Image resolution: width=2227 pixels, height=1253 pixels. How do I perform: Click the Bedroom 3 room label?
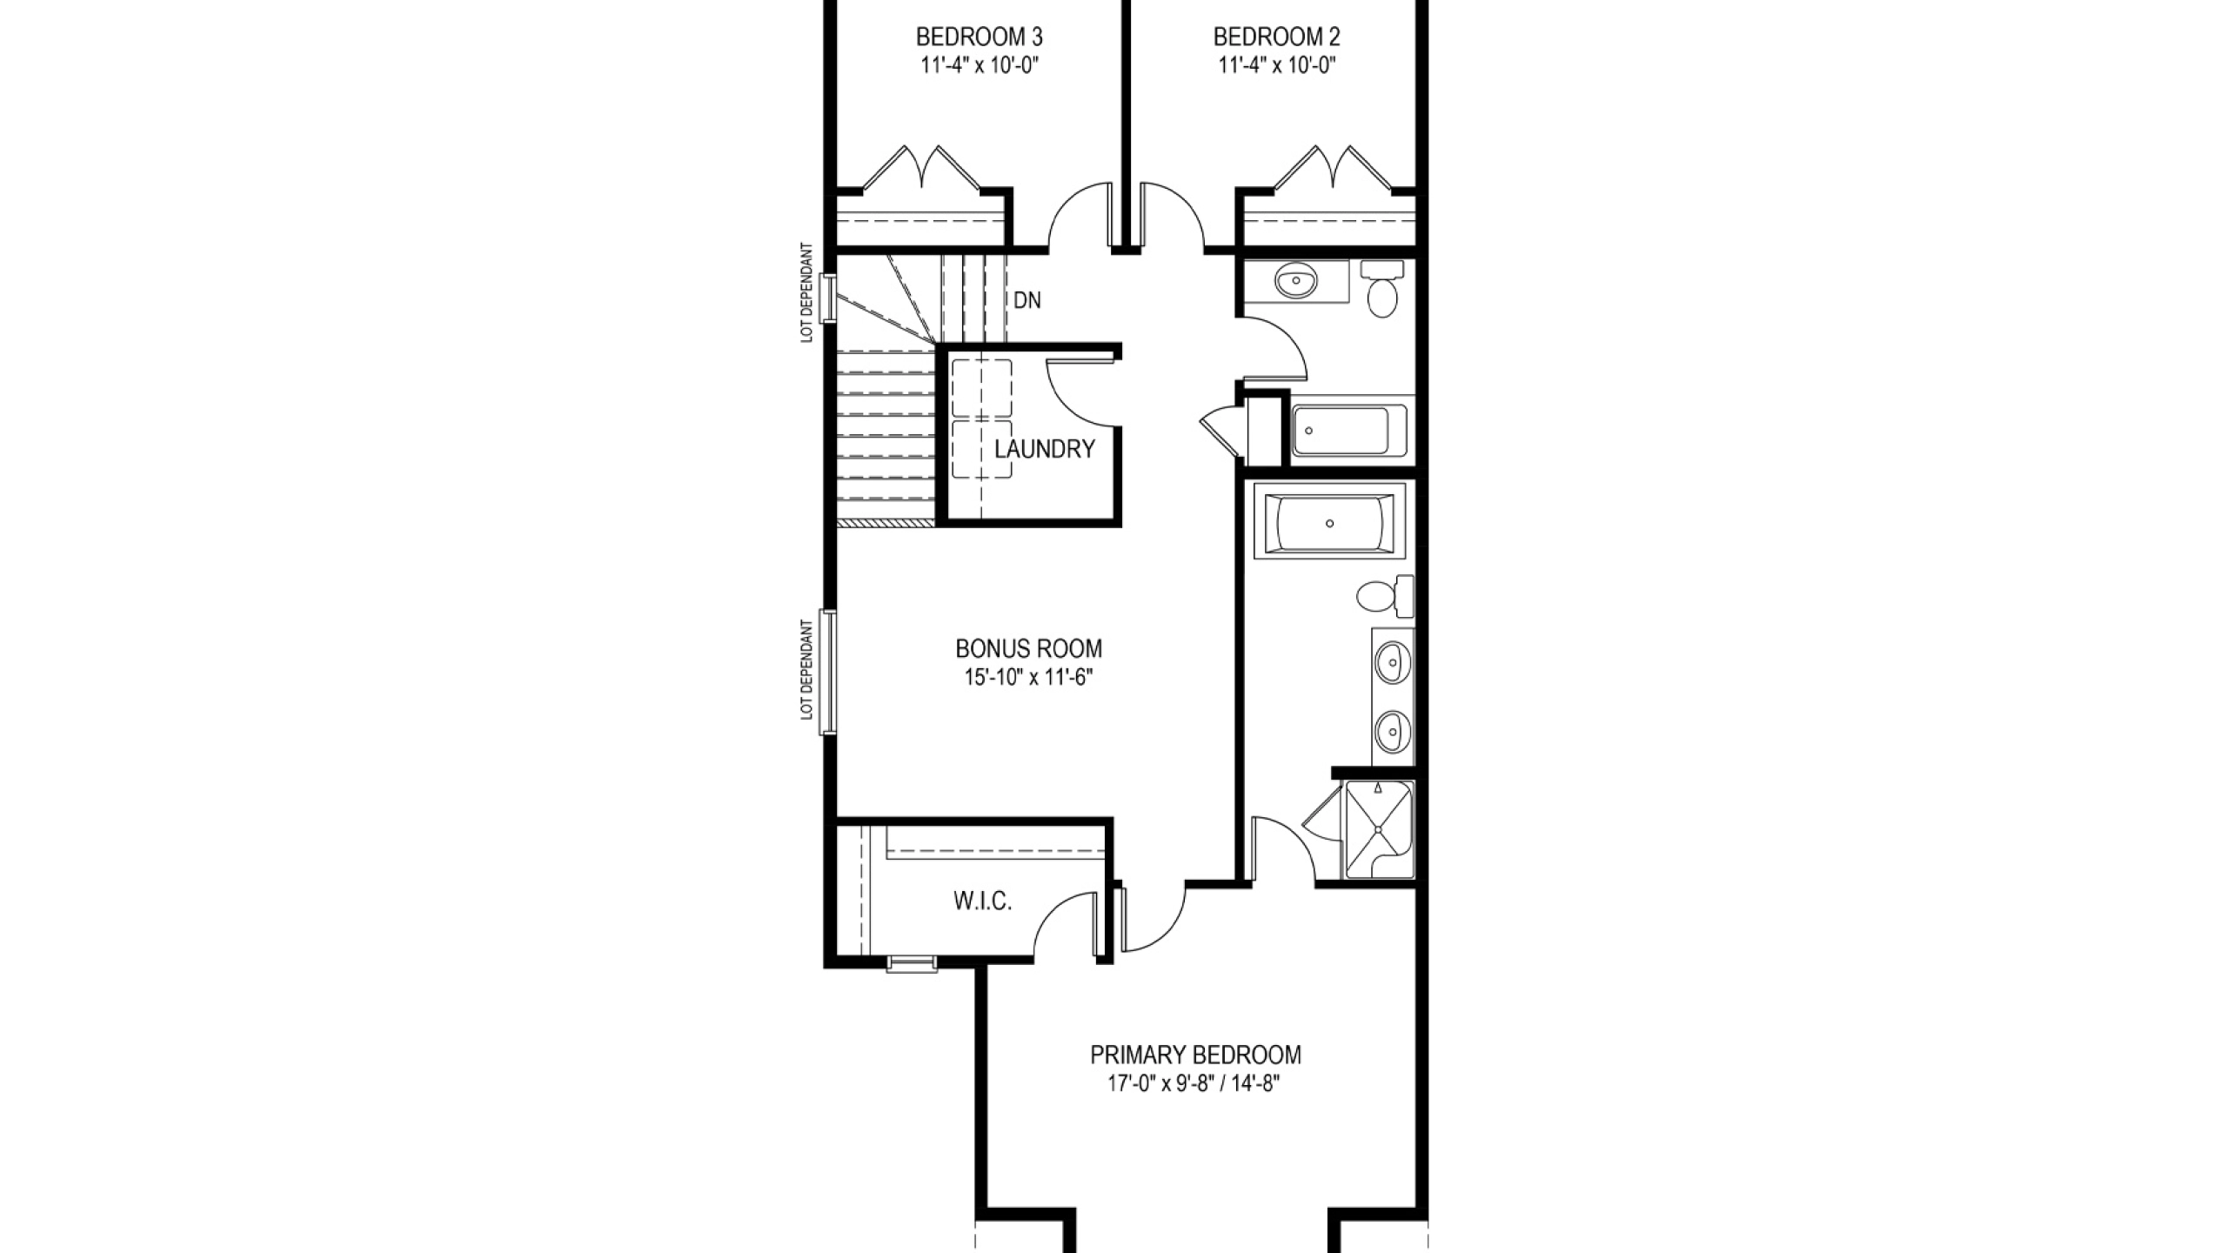click(979, 37)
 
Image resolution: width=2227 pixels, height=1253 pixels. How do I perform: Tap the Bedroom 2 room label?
click(1276, 37)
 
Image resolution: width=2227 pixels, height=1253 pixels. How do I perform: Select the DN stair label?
click(1027, 300)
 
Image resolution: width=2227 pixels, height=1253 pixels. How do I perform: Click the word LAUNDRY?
click(1044, 449)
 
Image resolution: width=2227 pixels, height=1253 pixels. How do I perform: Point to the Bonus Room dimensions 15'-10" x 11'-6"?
click(1028, 677)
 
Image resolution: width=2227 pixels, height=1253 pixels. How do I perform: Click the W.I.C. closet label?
click(983, 901)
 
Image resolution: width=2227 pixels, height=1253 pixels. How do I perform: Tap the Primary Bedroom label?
click(1196, 1055)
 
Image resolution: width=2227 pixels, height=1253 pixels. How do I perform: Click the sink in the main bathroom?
click(1296, 280)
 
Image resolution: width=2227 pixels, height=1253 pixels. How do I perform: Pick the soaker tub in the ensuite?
click(1328, 524)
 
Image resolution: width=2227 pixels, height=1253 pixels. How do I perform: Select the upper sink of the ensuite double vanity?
click(1393, 663)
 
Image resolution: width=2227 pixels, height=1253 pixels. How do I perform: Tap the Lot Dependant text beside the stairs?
click(807, 292)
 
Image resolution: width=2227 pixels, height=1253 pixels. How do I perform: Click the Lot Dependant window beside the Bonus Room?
click(828, 671)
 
